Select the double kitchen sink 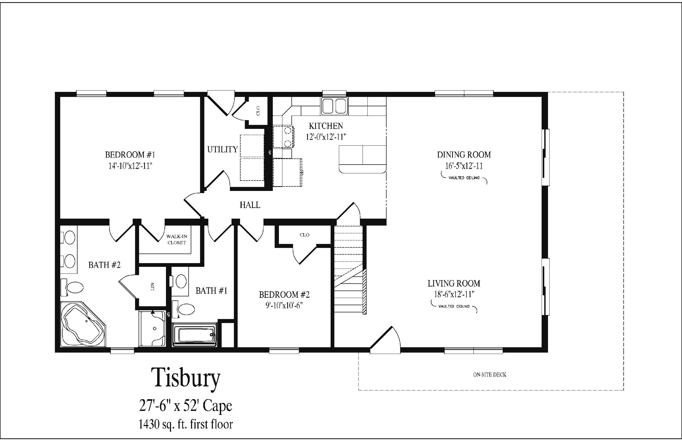[x=335, y=106]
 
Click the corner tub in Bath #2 [x=83, y=324]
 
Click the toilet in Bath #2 [x=72, y=287]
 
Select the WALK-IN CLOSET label [x=177, y=239]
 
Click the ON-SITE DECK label [x=489, y=375]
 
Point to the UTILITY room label [x=222, y=149]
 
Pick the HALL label [x=250, y=205]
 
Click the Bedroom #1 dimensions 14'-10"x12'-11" [x=130, y=166]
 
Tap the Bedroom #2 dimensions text [x=284, y=305]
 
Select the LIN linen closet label [x=152, y=286]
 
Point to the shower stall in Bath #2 [x=152, y=328]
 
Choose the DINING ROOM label [x=464, y=155]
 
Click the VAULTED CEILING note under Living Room [x=454, y=307]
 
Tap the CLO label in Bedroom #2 [x=305, y=235]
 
